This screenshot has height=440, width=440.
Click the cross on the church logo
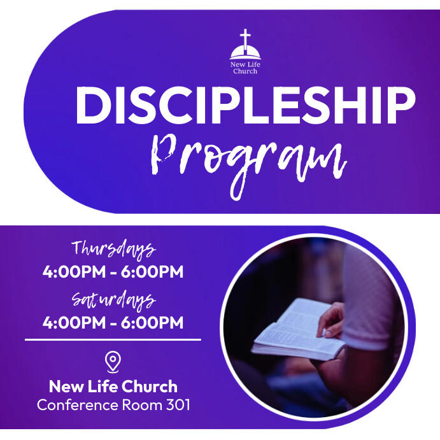[245, 36]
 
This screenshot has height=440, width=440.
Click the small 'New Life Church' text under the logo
[245, 67]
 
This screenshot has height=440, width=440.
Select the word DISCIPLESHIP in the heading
[245, 106]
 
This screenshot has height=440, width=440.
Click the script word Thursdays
[113, 248]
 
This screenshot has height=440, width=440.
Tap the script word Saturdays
[113, 299]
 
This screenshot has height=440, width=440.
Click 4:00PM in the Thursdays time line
[71, 273]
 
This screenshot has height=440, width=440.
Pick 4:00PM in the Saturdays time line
[71, 323]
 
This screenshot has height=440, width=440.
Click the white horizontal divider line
[113, 340]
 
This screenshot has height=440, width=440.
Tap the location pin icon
[113, 362]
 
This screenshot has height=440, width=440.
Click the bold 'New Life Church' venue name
[113, 386]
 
